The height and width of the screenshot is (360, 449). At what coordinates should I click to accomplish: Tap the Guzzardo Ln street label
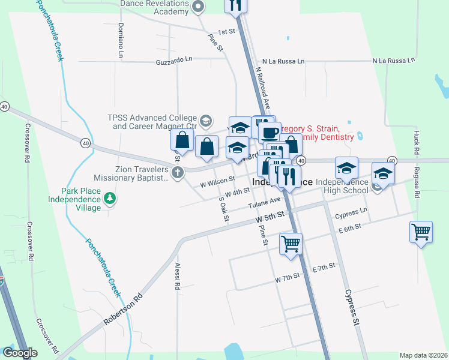[174, 61]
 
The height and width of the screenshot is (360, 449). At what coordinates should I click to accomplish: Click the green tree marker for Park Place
[109, 197]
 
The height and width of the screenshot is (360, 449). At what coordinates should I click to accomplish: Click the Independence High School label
[342, 186]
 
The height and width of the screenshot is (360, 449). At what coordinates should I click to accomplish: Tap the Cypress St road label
[352, 308]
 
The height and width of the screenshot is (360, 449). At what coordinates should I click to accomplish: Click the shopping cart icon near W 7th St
[291, 244]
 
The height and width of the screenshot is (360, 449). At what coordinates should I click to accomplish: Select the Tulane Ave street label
[265, 204]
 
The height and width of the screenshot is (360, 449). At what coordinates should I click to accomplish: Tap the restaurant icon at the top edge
[235, 5]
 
